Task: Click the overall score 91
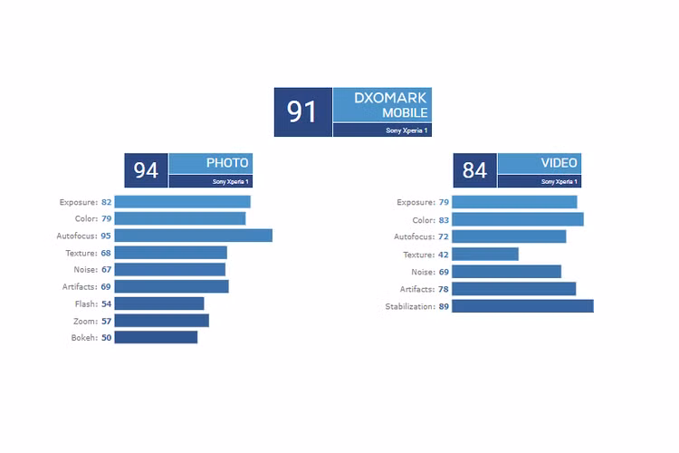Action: click(x=302, y=111)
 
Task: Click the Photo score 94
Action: click(x=146, y=170)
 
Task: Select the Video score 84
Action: click(x=474, y=170)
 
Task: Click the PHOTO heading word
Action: click(x=227, y=163)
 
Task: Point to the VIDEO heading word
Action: click(x=559, y=163)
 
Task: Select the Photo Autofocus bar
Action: click(x=193, y=236)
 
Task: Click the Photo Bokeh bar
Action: click(x=156, y=337)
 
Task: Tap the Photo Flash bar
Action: click(x=159, y=304)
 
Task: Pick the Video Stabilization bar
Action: click(x=522, y=306)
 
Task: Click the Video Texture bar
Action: click(x=485, y=255)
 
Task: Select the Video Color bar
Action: click(x=518, y=219)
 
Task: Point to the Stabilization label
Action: click(x=409, y=307)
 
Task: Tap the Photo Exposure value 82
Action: click(x=106, y=202)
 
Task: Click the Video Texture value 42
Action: click(x=444, y=255)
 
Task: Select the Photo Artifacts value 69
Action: click(x=106, y=286)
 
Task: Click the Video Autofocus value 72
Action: click(x=444, y=236)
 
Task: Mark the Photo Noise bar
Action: click(x=170, y=269)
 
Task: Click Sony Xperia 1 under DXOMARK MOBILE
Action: click(x=407, y=130)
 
